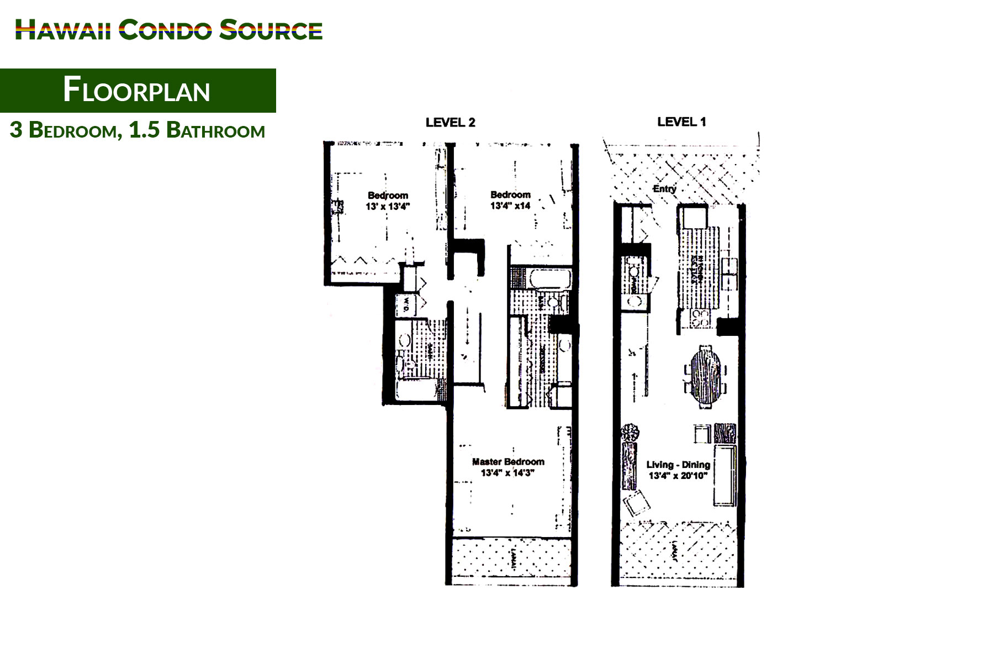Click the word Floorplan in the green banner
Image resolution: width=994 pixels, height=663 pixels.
tap(136, 91)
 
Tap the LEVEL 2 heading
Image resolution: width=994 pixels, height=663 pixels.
tap(450, 123)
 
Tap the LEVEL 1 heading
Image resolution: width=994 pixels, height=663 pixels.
tap(681, 122)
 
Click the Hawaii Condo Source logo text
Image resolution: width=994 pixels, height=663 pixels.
tap(168, 30)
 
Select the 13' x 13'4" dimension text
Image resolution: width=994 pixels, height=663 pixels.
tap(388, 207)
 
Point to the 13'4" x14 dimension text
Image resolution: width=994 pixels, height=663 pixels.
tap(510, 206)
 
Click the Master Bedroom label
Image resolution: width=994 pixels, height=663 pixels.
tap(508, 462)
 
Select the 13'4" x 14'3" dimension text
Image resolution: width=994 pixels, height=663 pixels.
tap(507, 473)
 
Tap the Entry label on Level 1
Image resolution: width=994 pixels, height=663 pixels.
tap(664, 189)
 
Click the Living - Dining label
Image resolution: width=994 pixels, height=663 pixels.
tap(678, 465)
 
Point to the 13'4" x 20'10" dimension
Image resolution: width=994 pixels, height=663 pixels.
tap(678, 476)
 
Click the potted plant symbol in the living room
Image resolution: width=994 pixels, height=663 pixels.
tap(630, 432)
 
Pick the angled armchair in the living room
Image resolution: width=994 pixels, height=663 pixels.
tap(637, 503)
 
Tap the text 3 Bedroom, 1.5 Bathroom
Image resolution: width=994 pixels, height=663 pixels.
tap(138, 130)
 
